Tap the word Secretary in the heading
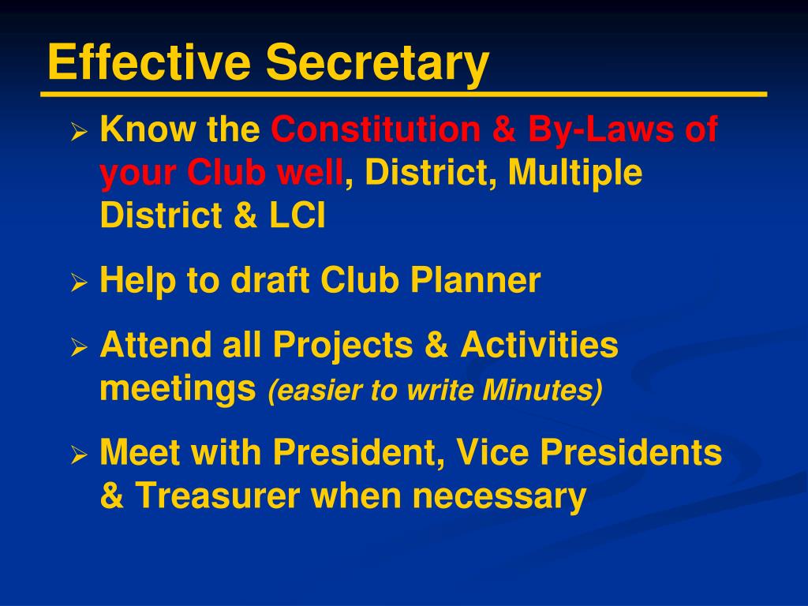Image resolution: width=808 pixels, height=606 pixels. click(377, 63)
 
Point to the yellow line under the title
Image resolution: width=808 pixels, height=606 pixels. click(403, 95)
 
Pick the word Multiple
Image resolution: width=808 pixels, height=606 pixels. click(575, 173)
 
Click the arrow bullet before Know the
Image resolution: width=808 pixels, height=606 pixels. click(78, 133)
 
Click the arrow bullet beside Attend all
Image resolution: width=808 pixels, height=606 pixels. click(78, 348)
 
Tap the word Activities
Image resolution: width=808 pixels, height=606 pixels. click(540, 345)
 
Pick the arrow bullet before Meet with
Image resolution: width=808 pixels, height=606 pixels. click(78, 456)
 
